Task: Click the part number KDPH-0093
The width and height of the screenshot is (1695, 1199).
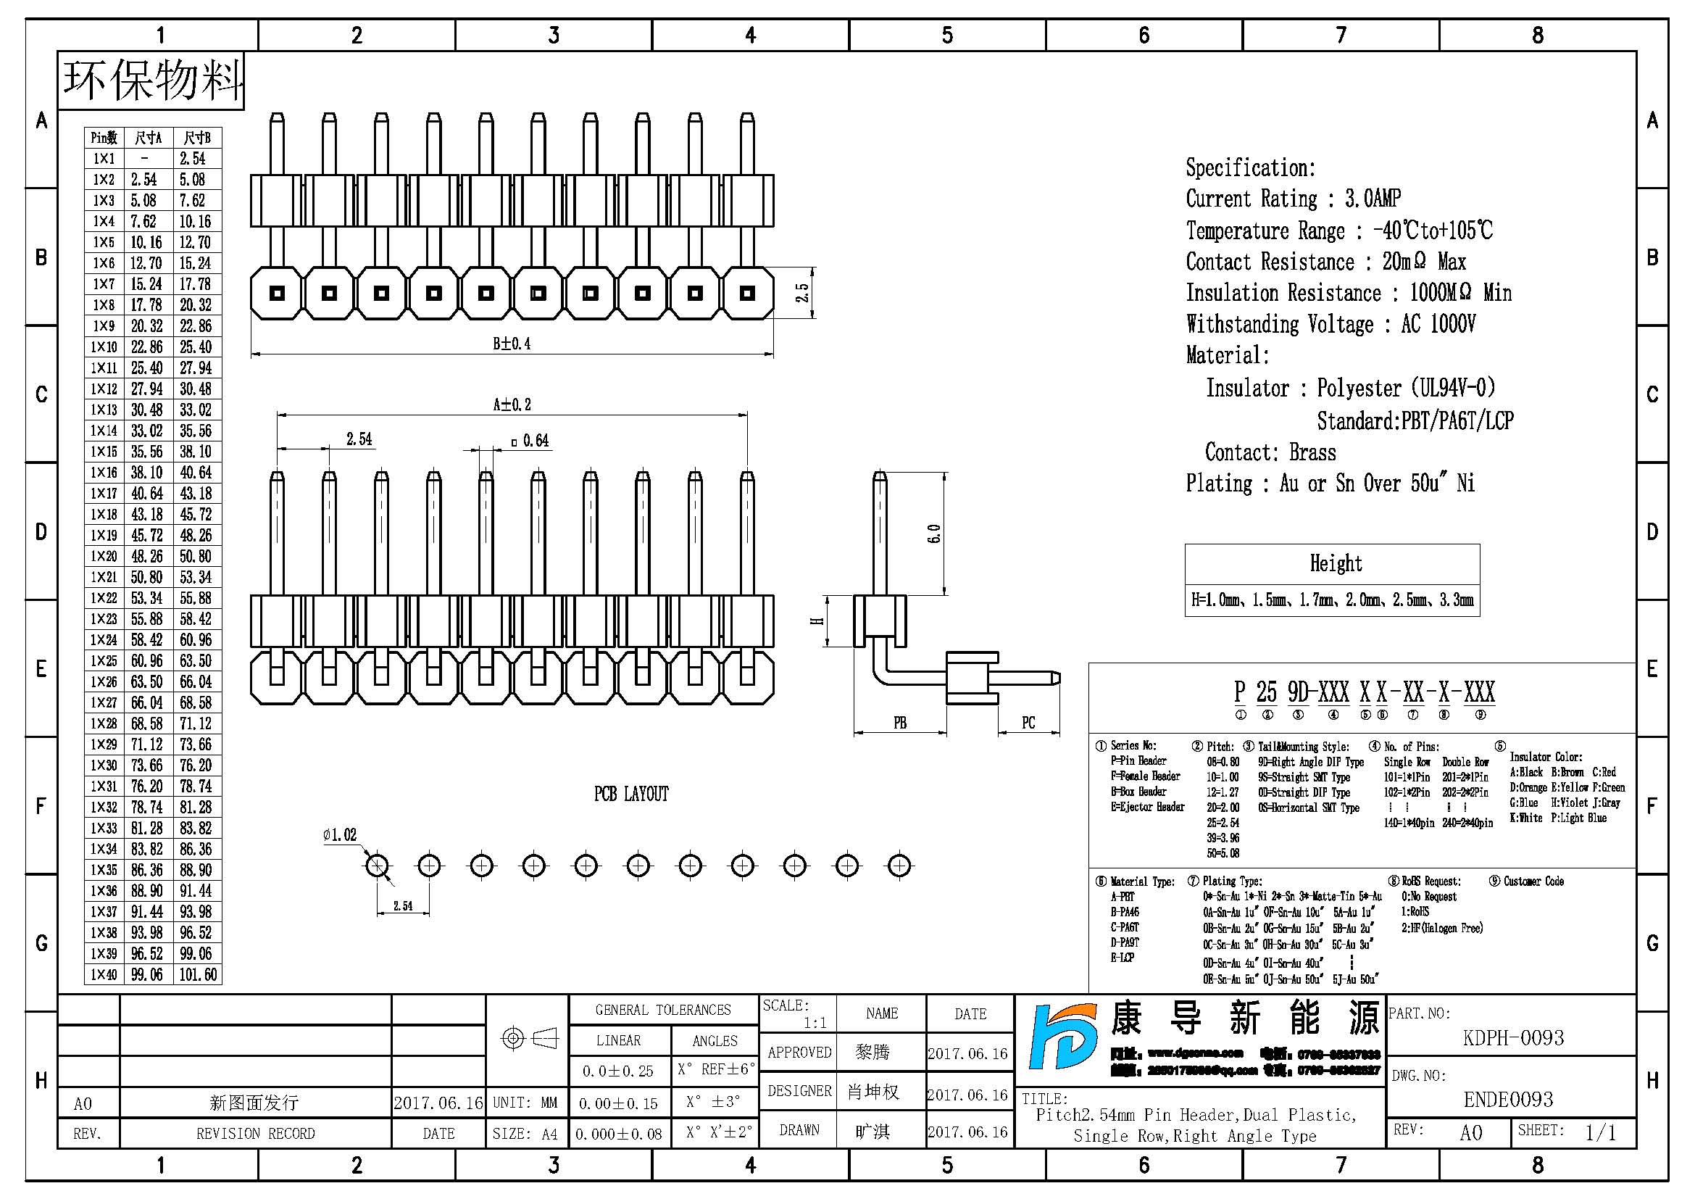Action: click(x=1512, y=1038)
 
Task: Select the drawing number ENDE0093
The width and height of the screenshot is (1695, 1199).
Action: click(x=1508, y=1100)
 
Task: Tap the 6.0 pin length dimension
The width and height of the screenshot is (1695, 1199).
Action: click(x=934, y=534)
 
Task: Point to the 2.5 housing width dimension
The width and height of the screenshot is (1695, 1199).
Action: click(x=802, y=293)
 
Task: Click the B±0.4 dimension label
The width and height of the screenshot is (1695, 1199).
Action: click(x=512, y=344)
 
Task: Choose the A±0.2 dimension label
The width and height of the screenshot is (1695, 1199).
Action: click(x=512, y=404)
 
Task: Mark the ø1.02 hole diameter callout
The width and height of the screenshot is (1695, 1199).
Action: click(x=340, y=835)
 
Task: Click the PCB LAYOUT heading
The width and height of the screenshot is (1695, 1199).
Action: click(x=631, y=795)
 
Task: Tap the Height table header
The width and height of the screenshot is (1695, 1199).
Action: click(x=1336, y=564)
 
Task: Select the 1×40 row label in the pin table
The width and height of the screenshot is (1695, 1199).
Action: click(x=104, y=974)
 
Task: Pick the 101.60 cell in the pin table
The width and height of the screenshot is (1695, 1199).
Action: click(x=198, y=974)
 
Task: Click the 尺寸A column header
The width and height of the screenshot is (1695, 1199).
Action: click(x=148, y=138)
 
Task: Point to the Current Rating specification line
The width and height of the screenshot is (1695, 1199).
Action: click(x=1293, y=199)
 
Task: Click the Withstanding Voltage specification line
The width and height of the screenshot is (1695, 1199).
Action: click(x=1330, y=324)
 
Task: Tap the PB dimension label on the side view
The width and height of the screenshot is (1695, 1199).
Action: click(x=900, y=723)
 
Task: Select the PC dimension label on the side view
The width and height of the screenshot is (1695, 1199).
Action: click(x=1028, y=723)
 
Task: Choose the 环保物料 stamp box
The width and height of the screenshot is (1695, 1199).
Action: click(x=151, y=80)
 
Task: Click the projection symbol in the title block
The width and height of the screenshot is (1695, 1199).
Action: click(x=528, y=1039)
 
